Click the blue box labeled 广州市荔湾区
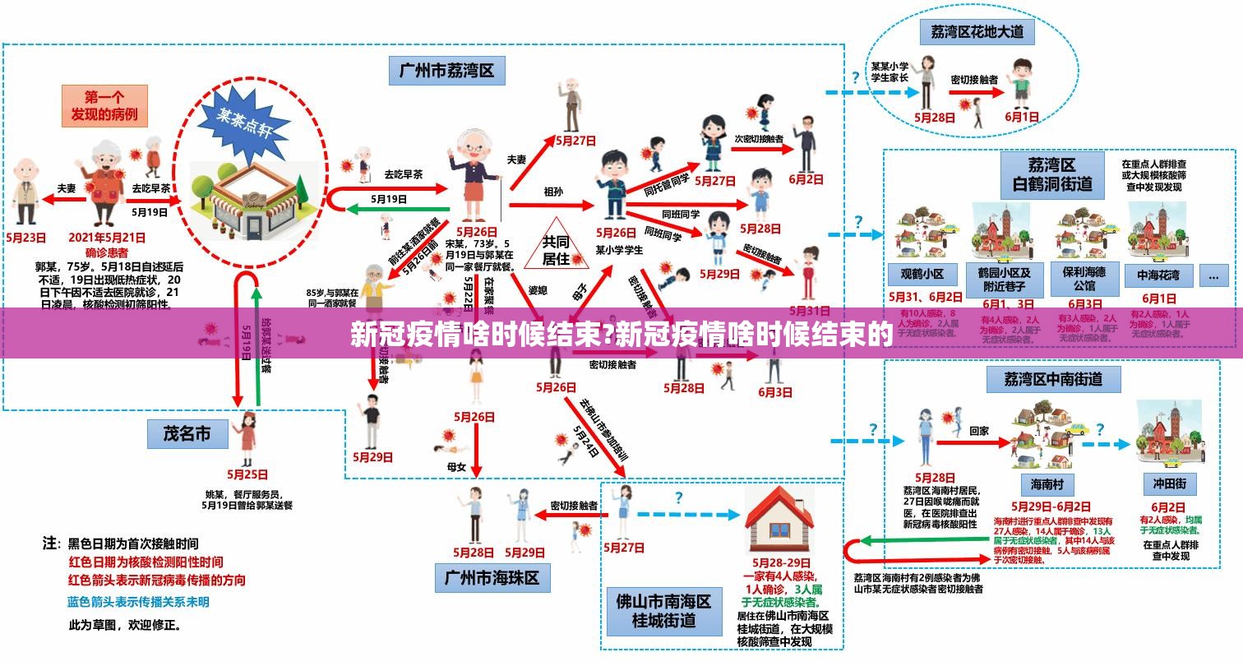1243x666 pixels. [x=446, y=70]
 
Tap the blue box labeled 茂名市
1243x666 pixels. [x=187, y=433]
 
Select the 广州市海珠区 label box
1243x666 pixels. [x=492, y=577]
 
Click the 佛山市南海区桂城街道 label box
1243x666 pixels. [x=663, y=610]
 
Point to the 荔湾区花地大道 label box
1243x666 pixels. [x=977, y=33]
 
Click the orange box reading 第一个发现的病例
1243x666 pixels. [x=104, y=105]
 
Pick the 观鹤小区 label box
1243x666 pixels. [x=922, y=274]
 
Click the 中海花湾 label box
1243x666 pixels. [x=1158, y=274]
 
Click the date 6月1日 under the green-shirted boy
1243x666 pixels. [x=1022, y=117]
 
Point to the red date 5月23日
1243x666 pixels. [x=26, y=237]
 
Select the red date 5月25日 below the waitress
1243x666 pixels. [x=247, y=474]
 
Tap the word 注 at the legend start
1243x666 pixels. [x=51, y=543]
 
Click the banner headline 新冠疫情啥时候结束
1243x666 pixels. [x=621, y=335]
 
